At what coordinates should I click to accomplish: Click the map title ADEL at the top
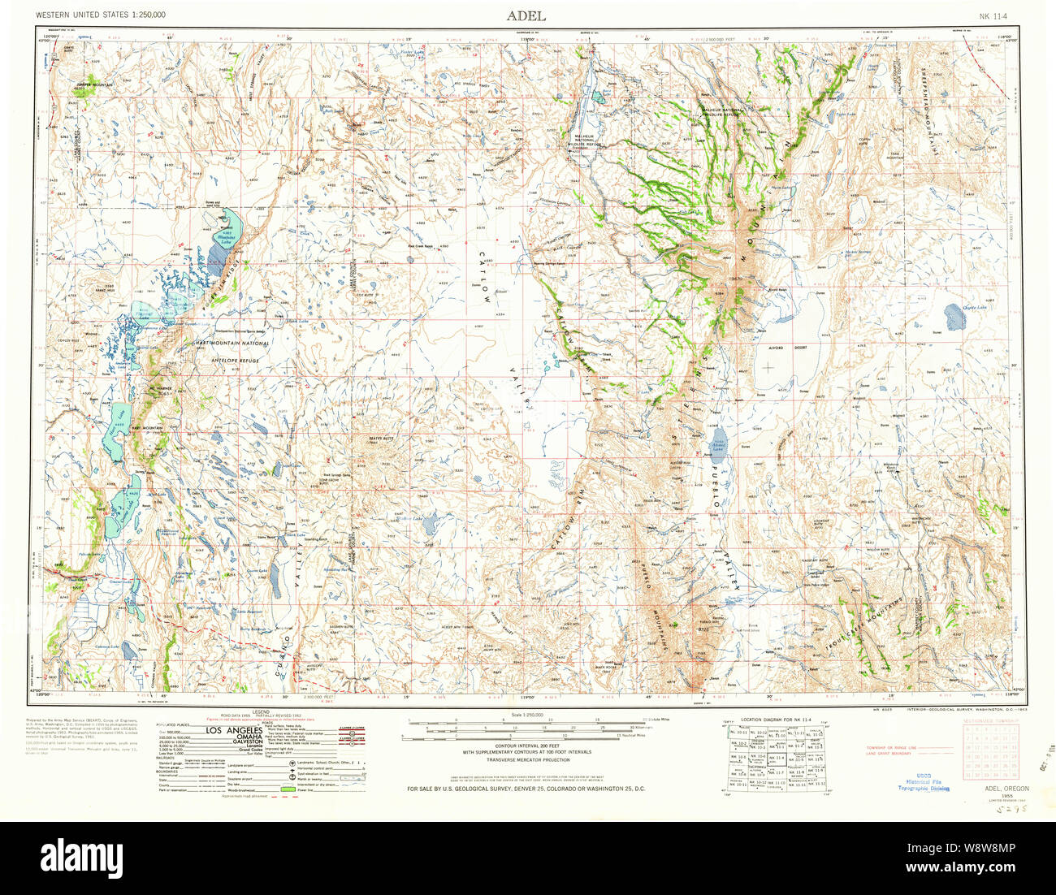[526, 15]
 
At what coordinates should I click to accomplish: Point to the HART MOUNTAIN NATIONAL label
[231, 344]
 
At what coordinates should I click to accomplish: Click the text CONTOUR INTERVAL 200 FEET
[526, 746]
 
